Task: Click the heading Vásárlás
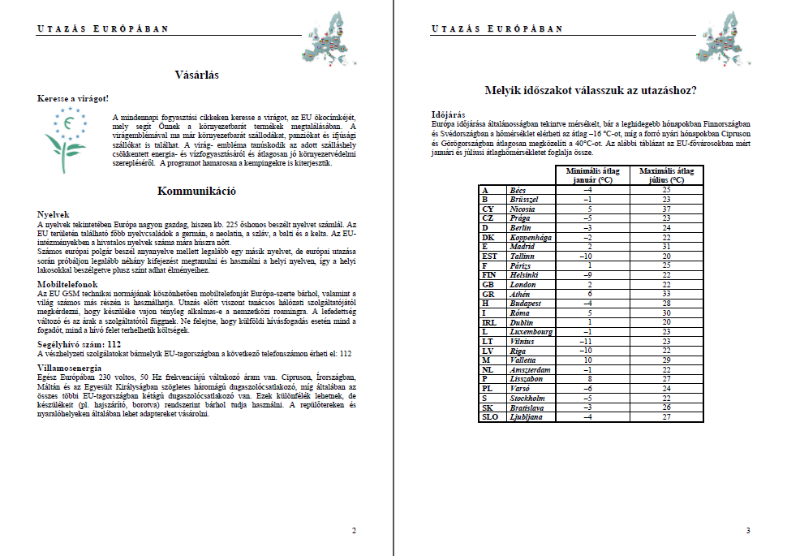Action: point(196,75)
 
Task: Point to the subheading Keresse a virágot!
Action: point(73,98)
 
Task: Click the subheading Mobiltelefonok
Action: point(68,285)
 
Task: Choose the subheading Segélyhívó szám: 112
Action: point(80,343)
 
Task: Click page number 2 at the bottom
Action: point(353,531)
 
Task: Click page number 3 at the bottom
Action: point(747,531)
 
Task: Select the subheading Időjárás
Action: point(449,114)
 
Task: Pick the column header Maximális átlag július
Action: point(667,175)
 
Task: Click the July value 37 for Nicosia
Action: point(667,209)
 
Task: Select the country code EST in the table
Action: point(489,256)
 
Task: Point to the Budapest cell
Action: point(529,304)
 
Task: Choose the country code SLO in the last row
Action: point(490,417)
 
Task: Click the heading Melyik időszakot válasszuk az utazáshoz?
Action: point(590,90)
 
